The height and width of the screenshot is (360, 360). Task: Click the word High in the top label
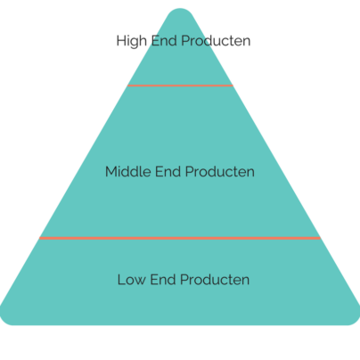click(132, 41)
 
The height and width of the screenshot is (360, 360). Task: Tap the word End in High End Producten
click(164, 41)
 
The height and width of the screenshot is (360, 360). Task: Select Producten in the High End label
click(216, 41)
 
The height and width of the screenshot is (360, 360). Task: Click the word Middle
click(128, 172)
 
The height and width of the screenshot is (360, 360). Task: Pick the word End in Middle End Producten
click(168, 172)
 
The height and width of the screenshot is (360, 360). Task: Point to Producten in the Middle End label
click(220, 172)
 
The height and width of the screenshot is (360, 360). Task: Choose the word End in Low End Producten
click(163, 280)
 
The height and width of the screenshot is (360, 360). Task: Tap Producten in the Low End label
click(215, 280)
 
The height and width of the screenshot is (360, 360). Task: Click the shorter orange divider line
click(180, 86)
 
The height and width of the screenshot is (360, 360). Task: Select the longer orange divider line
click(180, 238)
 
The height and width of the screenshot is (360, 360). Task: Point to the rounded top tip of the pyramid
click(180, 9)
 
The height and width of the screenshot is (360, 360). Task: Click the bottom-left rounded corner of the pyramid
click(4, 320)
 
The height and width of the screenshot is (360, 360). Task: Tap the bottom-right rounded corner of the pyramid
click(356, 320)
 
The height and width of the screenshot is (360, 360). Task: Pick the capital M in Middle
click(110, 172)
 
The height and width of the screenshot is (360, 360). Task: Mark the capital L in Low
click(121, 280)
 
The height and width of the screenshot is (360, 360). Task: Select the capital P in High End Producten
click(185, 41)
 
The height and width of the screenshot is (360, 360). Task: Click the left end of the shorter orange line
click(128, 86)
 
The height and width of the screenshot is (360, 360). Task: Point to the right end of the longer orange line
click(320, 238)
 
